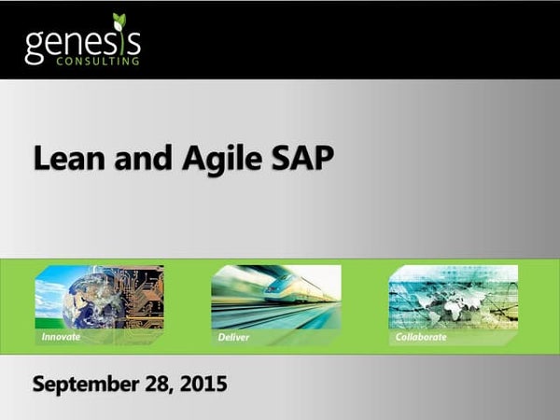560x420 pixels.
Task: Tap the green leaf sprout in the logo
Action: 119,21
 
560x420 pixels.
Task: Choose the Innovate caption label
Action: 61,336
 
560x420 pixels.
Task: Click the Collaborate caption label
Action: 421,336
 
